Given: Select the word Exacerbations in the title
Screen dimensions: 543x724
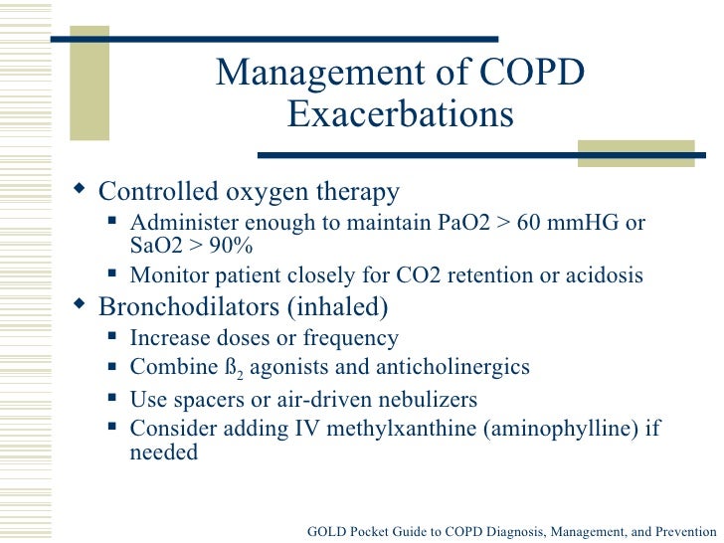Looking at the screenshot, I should click(x=400, y=115).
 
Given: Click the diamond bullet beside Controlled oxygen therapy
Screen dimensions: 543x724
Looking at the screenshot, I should click(x=81, y=190).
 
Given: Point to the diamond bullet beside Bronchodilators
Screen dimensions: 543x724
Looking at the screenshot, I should click(x=81, y=303).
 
